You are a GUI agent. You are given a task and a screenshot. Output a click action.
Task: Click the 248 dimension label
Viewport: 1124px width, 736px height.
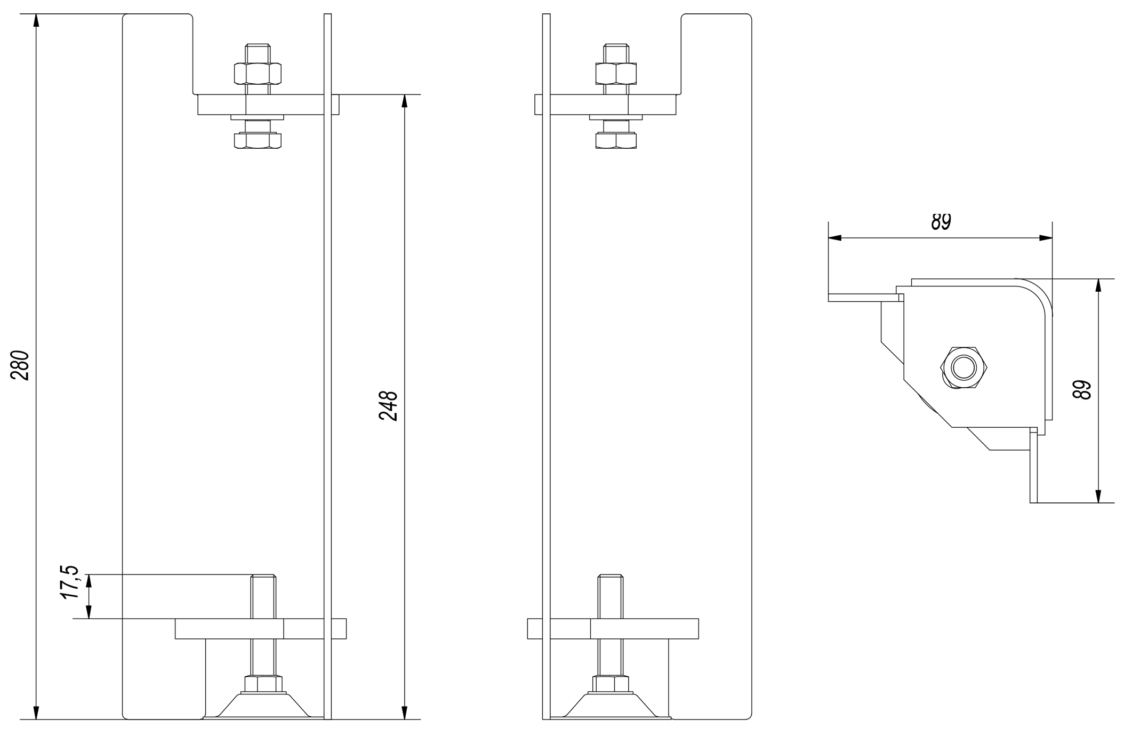coord(388,406)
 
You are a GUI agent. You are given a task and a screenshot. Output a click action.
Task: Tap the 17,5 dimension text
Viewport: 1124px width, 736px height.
coord(70,582)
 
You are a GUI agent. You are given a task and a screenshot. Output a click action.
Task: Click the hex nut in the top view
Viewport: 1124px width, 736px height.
coord(964,367)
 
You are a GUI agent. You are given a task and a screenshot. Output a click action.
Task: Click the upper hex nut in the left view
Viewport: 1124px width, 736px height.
coord(258,74)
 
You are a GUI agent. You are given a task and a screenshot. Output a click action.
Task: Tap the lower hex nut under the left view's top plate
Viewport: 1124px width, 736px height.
coord(258,140)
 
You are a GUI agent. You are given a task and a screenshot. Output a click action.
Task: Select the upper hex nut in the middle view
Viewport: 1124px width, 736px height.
coord(616,74)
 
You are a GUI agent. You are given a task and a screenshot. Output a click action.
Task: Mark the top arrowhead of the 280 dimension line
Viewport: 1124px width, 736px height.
coord(36,20)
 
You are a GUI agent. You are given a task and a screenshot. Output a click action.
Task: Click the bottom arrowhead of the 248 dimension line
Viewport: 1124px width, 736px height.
coord(405,713)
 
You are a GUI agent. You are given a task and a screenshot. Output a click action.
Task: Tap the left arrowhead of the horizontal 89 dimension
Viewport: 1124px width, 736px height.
coord(835,238)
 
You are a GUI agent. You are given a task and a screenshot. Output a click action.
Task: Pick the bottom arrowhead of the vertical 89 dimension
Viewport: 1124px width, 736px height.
coord(1098,496)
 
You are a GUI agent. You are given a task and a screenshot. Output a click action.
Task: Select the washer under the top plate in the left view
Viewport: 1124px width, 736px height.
coord(258,117)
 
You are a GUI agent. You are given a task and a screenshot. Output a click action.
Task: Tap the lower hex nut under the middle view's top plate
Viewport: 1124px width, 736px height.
coord(616,140)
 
